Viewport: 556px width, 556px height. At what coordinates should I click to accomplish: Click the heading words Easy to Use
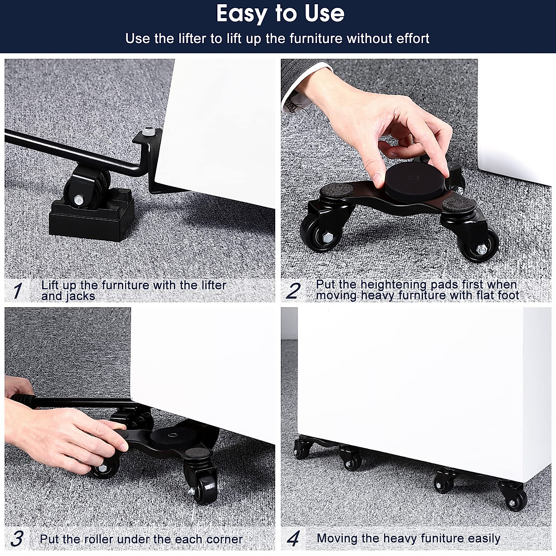pyautogui.click(x=280, y=14)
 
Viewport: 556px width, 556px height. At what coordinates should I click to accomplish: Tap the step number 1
pyautogui.click(x=18, y=291)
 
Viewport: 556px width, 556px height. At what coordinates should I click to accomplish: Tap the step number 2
pyautogui.click(x=293, y=291)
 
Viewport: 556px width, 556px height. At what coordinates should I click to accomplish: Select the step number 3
pyautogui.click(x=17, y=539)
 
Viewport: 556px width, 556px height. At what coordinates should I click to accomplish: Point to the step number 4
pyautogui.click(x=293, y=539)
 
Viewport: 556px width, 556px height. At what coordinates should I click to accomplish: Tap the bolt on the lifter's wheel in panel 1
pyautogui.click(x=79, y=200)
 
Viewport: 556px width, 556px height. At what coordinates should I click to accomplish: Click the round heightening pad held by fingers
pyautogui.click(x=408, y=181)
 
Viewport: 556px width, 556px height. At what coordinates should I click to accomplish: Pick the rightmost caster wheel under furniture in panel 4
pyautogui.click(x=517, y=498)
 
